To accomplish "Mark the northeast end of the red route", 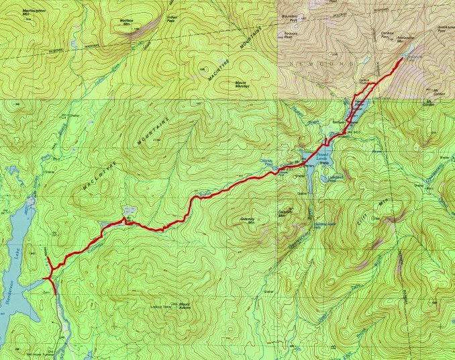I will click(402, 59).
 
